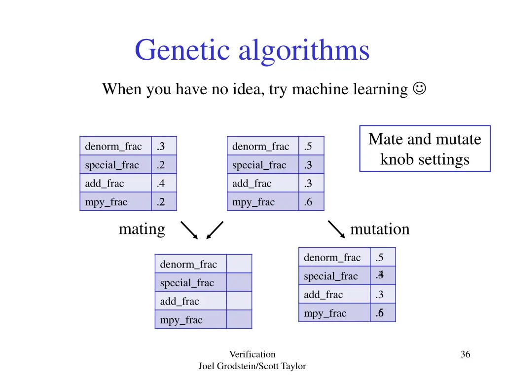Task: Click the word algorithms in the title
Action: click(304, 50)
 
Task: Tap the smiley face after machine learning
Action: click(420, 89)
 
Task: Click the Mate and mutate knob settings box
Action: click(425, 149)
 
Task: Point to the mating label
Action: click(142, 229)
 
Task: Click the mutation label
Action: click(379, 229)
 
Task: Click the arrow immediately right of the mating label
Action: click(189, 230)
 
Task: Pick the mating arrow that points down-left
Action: click(215, 230)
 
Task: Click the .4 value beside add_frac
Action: click(161, 184)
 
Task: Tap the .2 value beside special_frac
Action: click(161, 165)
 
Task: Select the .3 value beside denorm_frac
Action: click(161, 147)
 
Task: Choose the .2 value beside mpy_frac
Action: click(161, 202)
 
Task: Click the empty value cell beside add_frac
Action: click(239, 301)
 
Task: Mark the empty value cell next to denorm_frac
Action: click(239, 264)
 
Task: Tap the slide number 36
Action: click(465, 354)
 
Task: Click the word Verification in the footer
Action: click(252, 354)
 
